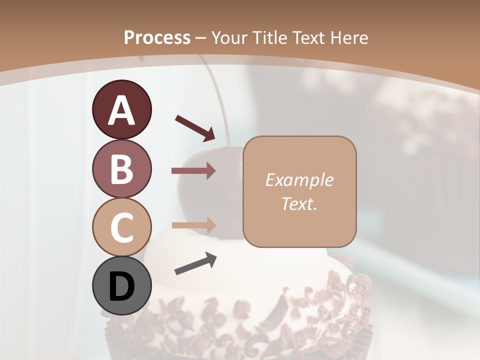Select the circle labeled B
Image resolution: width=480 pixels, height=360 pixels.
tap(121, 169)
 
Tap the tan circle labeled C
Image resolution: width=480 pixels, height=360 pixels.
tap(121, 227)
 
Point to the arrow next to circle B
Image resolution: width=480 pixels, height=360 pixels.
tap(193, 171)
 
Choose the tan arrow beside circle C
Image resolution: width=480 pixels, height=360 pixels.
tap(193, 225)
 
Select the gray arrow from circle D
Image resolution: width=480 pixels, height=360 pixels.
tap(195, 263)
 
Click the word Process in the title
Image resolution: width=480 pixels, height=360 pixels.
tap(157, 37)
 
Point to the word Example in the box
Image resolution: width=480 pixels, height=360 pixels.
tap(299, 180)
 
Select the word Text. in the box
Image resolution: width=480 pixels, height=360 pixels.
tap(299, 203)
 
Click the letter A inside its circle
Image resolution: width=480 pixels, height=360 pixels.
tap(121, 111)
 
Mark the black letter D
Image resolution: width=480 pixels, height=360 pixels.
tap(121, 287)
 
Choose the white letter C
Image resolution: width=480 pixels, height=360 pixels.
tap(121, 227)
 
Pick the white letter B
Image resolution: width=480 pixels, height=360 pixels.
tap(121, 169)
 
